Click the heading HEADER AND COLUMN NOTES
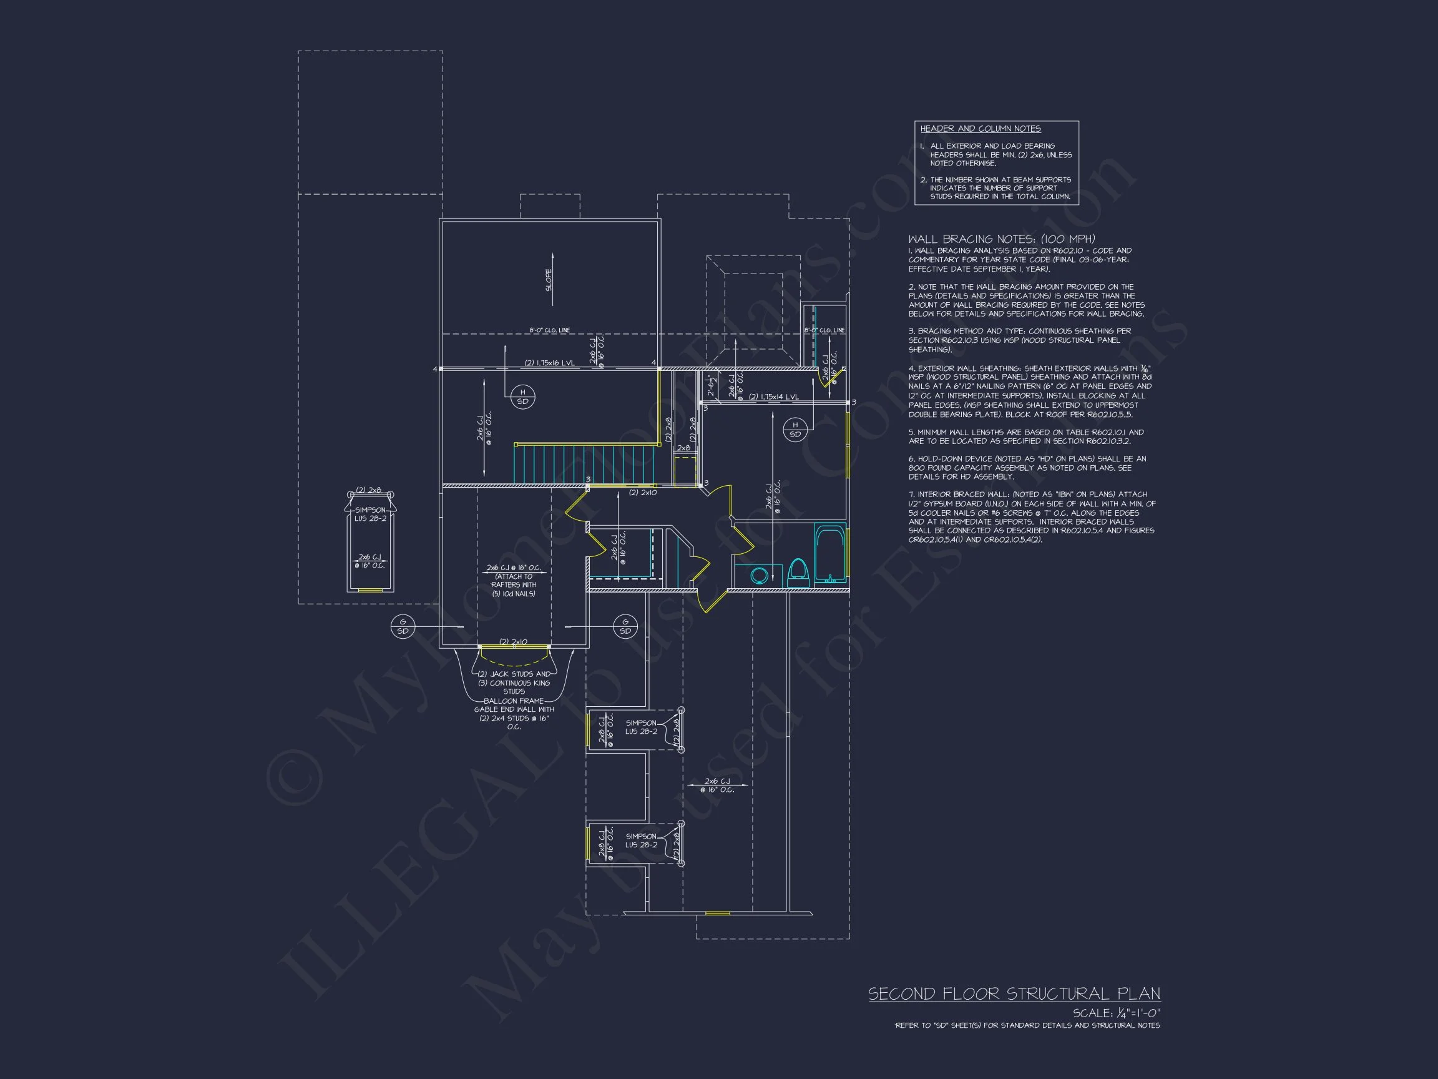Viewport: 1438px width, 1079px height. click(981, 129)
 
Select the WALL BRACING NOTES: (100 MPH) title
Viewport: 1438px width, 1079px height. click(1001, 239)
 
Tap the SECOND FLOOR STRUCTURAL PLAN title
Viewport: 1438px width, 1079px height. click(1014, 994)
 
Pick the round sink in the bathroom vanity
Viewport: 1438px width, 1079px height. click(758, 575)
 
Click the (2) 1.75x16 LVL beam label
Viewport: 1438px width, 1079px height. click(549, 363)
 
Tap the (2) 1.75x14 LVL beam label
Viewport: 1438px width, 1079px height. click(773, 397)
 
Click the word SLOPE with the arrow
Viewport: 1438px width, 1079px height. click(549, 280)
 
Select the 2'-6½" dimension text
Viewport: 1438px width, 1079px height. click(712, 387)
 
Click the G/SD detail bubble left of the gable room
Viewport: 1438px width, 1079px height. click(403, 626)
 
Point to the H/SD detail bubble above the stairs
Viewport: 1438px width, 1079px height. click(522, 396)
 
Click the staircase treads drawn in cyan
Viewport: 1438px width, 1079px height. click(585, 464)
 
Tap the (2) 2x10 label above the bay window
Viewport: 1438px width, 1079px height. click(513, 642)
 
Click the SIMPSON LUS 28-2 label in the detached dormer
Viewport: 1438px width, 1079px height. click(370, 514)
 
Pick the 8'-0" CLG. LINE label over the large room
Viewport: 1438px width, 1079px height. click(549, 330)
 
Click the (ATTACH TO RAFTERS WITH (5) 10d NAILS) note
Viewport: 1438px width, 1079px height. click(514, 584)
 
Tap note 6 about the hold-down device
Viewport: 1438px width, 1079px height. click(1027, 467)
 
